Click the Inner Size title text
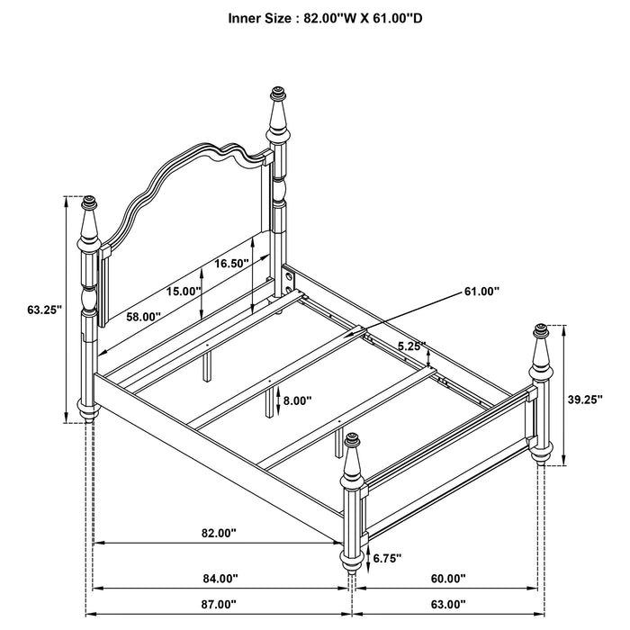315,17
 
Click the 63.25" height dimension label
44,310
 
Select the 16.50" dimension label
231,264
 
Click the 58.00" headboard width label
143,317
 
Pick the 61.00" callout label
482,291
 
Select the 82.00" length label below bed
219,533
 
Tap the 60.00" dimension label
447,579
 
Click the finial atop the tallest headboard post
278,94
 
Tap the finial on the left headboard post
88,205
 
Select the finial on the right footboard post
542,331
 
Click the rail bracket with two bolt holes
289,281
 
